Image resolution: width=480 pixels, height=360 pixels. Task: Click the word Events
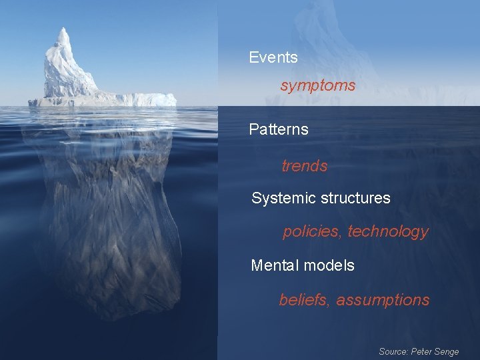click(x=273, y=58)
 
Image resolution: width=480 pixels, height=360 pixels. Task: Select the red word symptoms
click(x=318, y=86)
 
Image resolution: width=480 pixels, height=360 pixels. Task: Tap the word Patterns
click(x=279, y=129)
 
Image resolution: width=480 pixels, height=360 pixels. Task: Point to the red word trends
click(x=305, y=166)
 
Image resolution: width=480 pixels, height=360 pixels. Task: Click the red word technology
click(x=388, y=231)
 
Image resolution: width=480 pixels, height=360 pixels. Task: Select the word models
click(x=329, y=265)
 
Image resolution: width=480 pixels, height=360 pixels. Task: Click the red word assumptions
click(x=383, y=300)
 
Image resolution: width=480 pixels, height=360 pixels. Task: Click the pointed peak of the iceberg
click(x=63, y=30)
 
